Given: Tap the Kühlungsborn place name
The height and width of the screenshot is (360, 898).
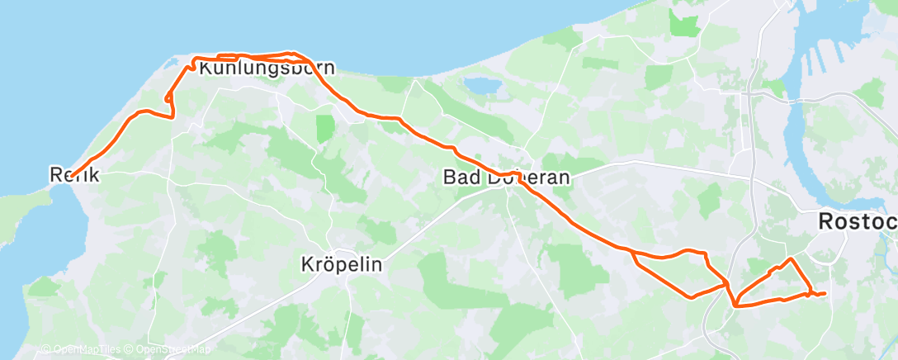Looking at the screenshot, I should (x=267, y=69).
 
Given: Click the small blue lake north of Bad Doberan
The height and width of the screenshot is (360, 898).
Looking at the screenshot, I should (x=478, y=85).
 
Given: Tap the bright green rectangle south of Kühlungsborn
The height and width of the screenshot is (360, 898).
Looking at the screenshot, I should (x=325, y=128).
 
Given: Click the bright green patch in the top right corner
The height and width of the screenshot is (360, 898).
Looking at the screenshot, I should (x=684, y=25).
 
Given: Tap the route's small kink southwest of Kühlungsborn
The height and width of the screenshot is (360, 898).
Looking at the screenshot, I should (x=169, y=99).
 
